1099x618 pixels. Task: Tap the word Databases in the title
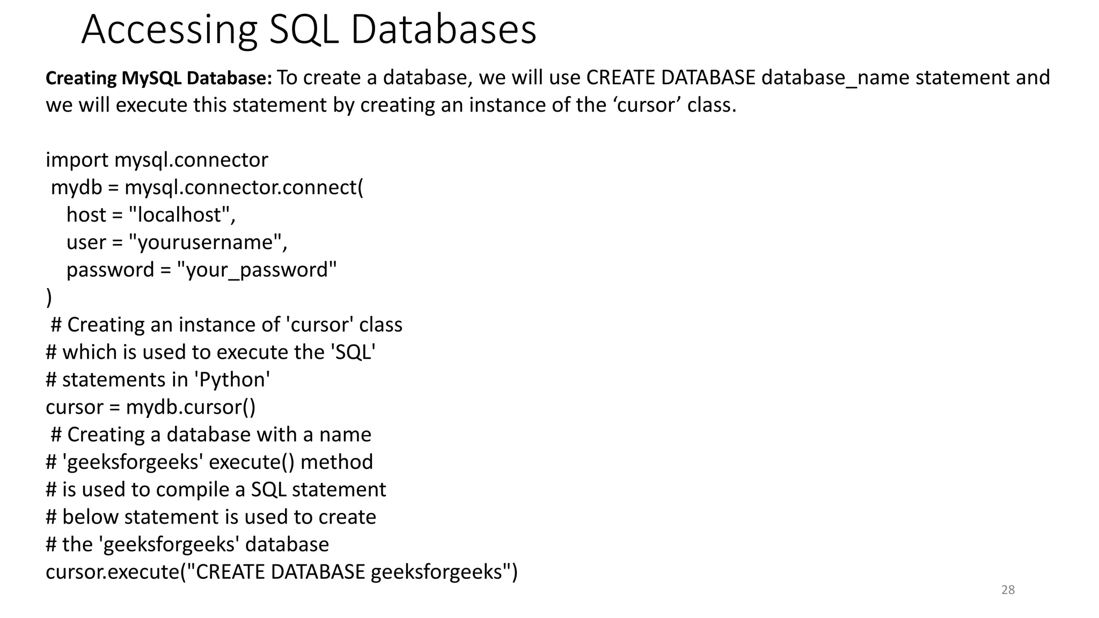[x=443, y=30]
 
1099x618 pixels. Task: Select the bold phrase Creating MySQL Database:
[x=159, y=78]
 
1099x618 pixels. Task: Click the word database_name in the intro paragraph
[x=836, y=78]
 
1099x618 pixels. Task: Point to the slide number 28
[x=1008, y=590]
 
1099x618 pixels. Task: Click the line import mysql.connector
[x=157, y=160]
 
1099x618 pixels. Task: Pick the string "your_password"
[x=257, y=269]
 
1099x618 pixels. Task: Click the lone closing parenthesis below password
[x=49, y=297]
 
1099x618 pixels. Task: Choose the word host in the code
[x=86, y=215]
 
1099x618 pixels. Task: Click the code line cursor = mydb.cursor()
[x=150, y=407]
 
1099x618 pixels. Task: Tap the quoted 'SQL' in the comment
[x=353, y=352]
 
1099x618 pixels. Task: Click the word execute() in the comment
[x=251, y=462]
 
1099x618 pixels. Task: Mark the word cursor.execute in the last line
[x=112, y=572]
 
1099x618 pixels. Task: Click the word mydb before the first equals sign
[x=76, y=187]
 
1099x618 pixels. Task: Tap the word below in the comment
[x=90, y=517]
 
